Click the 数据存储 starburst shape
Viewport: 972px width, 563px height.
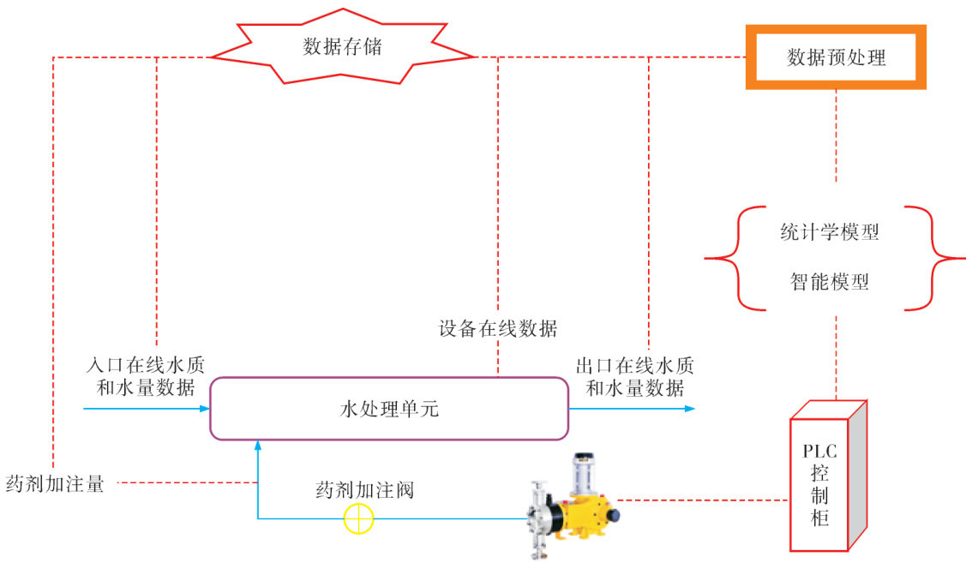(342, 48)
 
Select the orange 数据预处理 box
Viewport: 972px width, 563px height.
(836, 57)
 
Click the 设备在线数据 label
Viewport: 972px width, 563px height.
(498, 328)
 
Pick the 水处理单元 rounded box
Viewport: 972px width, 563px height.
(389, 409)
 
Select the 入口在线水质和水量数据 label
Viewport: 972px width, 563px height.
(147, 376)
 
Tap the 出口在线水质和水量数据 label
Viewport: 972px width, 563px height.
(634, 376)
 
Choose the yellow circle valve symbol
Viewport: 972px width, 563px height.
(358, 518)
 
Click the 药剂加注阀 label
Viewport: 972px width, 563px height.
(364, 490)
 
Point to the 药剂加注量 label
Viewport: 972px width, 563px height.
(55, 484)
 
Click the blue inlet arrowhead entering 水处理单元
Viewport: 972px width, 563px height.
(205, 409)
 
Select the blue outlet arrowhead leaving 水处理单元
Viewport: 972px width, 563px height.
(690, 409)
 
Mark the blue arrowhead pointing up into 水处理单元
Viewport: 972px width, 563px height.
(258, 446)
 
